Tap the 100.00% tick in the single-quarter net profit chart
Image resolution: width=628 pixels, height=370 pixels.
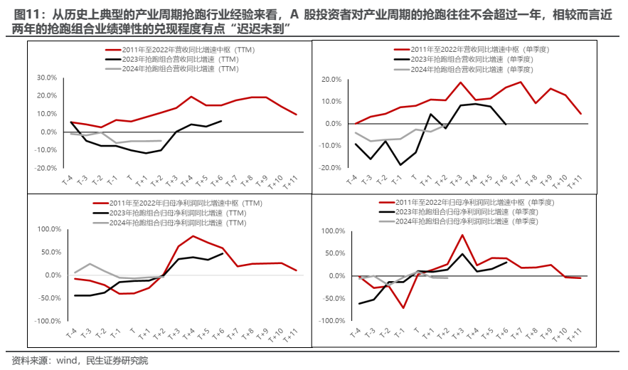pyautogui.click(x=334, y=231)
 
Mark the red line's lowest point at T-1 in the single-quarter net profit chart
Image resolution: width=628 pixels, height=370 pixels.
pyautogui.click(x=403, y=308)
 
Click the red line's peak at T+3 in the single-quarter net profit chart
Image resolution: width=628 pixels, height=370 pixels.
pyautogui.click(x=462, y=235)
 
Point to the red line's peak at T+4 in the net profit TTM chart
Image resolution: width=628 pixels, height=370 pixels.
pyautogui.click(x=193, y=236)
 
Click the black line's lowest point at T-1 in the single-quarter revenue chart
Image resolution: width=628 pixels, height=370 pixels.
pyautogui.click(x=401, y=164)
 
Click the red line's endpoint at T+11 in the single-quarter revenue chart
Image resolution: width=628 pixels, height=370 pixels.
pyautogui.click(x=581, y=114)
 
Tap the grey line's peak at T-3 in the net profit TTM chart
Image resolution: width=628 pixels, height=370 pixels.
pyautogui.click(x=89, y=264)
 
